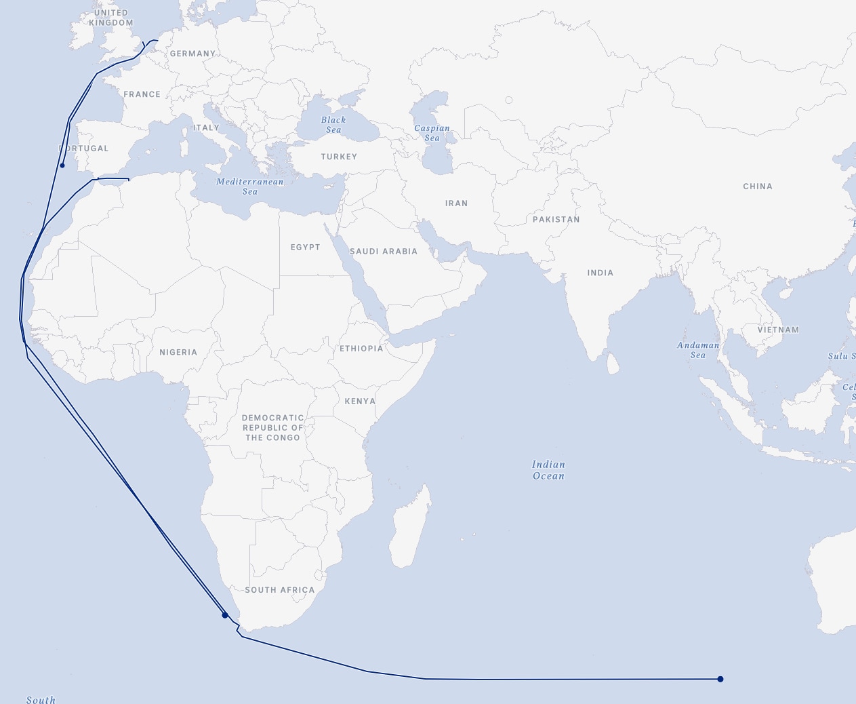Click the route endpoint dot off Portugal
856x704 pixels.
click(x=62, y=165)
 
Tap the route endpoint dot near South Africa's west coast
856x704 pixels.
click(x=225, y=615)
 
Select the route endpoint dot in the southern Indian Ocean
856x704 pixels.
click(x=720, y=679)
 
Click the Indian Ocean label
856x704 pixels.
click(x=548, y=470)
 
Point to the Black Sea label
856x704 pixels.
click(x=333, y=125)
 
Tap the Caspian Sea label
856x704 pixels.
click(x=432, y=133)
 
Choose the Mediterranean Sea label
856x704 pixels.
click(x=250, y=187)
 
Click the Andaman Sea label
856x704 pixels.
click(x=698, y=350)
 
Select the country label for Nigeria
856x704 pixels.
click(x=178, y=353)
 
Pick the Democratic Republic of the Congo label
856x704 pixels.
click(x=272, y=428)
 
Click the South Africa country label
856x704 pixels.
click(x=280, y=590)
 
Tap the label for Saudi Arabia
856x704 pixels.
click(x=384, y=252)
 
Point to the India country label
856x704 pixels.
click(x=600, y=273)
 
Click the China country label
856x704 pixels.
click(x=758, y=187)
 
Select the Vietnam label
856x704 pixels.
click(x=779, y=330)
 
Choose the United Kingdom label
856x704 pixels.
click(x=111, y=18)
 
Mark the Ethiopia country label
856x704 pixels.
click(x=361, y=349)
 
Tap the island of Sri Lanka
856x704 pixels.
click(x=612, y=364)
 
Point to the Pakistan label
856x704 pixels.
click(x=556, y=220)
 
